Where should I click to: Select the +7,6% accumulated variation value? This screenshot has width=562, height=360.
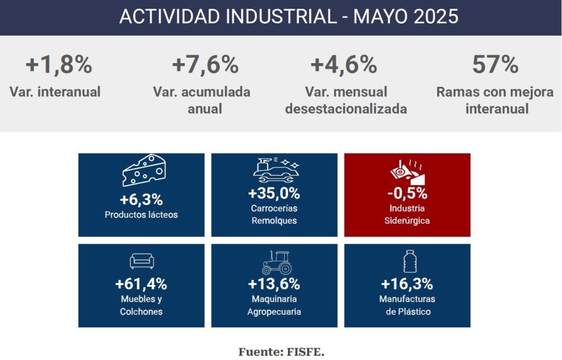(205, 64)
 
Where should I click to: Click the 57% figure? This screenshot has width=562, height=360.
(495, 64)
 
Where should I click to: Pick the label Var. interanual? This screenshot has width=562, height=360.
(55, 92)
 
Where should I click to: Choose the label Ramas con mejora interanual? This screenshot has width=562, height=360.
(495, 100)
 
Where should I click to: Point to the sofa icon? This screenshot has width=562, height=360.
(142, 261)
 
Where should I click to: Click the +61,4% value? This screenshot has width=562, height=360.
(141, 284)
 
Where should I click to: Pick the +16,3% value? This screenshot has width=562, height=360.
(407, 284)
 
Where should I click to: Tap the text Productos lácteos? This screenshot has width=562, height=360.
(141, 215)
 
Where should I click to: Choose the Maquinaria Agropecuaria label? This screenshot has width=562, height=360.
(274, 305)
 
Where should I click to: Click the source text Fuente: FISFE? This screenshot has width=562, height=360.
(281, 352)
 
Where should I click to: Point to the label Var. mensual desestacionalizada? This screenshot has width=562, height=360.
(346, 100)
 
